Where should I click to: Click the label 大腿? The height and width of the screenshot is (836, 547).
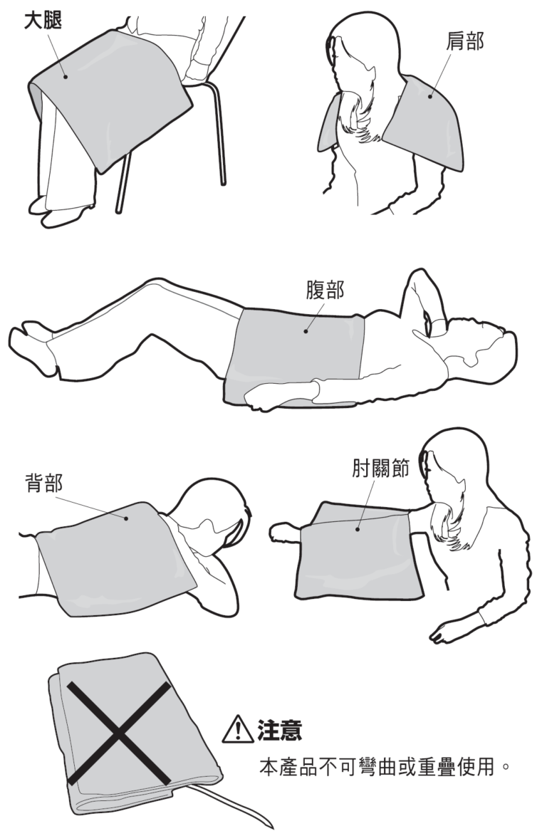coord(43,21)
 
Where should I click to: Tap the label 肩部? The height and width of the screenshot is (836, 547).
coord(465,41)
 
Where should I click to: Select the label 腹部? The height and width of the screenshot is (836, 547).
coord(325,290)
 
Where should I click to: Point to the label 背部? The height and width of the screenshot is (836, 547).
coord(43,483)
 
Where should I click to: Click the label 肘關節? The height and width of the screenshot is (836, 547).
coord(380,467)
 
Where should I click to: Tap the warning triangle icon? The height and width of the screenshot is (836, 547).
coord(237,730)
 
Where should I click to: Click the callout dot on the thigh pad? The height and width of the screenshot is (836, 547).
coord(66,76)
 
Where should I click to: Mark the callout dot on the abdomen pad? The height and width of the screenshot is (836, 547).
coord(306,331)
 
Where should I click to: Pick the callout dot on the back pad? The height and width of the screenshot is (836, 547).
coord(126,518)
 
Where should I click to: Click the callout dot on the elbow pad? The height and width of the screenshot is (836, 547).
coord(358,529)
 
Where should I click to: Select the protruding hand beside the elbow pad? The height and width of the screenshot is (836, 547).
coord(285,534)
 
